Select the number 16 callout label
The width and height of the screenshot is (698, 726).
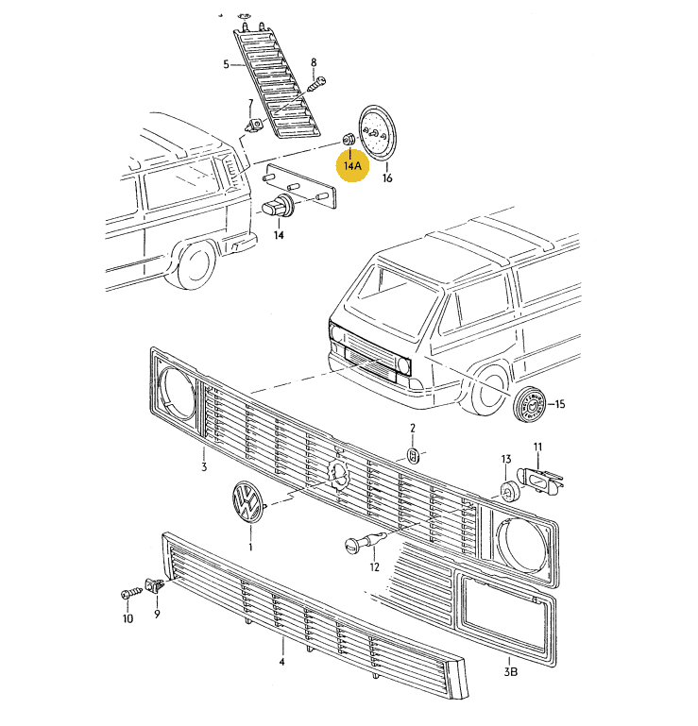tap(387, 177)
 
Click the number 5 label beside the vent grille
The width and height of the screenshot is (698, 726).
tap(226, 64)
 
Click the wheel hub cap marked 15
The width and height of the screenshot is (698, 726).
tap(531, 406)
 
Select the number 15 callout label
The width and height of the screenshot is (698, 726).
tap(559, 405)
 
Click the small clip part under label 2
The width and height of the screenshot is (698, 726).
tap(413, 455)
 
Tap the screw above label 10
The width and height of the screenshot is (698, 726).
tap(129, 595)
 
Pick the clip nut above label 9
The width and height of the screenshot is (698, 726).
tap(155, 586)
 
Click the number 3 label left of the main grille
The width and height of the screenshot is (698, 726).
tap(203, 466)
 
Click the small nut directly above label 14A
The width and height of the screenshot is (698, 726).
tap(349, 142)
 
